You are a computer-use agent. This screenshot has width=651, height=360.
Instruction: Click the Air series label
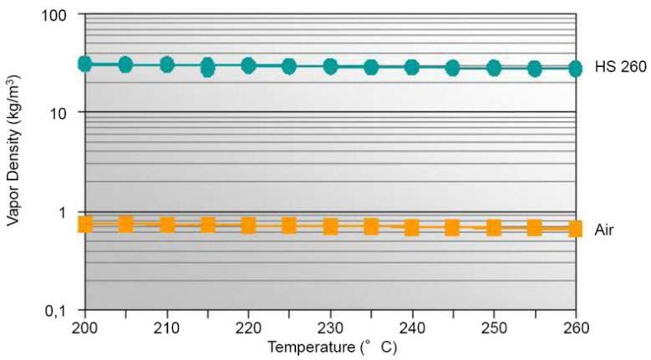pos(606,229)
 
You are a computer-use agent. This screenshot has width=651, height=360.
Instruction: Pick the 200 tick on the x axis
pos(84,325)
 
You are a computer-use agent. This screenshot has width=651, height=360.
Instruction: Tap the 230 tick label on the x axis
pos(330,325)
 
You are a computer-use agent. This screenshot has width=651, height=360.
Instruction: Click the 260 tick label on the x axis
pos(575,325)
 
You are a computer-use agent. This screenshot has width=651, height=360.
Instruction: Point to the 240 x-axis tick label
pos(412,325)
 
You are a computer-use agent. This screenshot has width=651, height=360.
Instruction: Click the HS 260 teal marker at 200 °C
pos(84,63)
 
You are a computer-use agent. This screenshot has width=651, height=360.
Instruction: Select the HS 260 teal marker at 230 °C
pos(330,67)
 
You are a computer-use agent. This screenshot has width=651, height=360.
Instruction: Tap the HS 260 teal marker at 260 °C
pos(575,68)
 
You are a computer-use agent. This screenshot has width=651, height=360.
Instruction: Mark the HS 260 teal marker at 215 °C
pos(207,67)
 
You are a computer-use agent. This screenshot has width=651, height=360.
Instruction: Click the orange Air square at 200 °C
pos(84,223)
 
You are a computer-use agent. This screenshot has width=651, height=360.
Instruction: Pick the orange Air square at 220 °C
pos(248,225)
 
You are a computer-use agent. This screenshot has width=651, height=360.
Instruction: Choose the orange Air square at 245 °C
pos(452,227)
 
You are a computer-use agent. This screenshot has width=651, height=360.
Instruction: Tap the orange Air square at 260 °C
pos(575,228)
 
